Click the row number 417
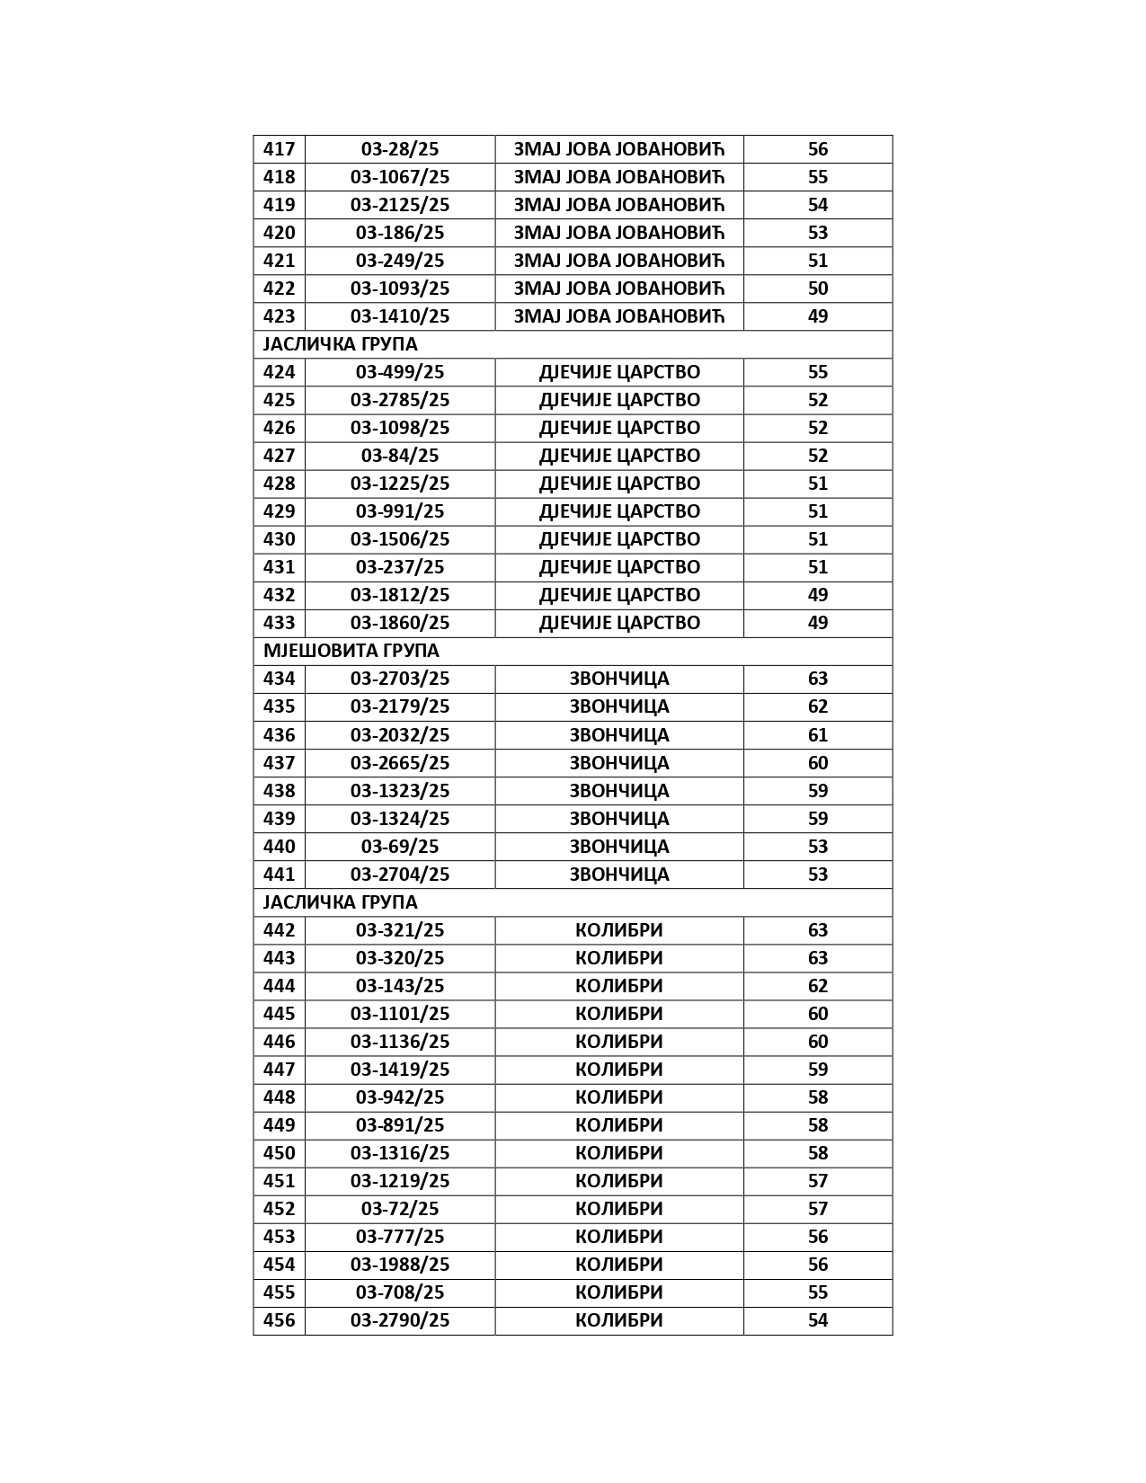279,149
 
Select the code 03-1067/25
400,177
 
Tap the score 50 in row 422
817,289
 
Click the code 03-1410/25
400,316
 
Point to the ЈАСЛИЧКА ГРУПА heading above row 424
340,344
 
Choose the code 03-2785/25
400,400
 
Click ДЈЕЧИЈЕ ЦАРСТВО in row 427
619,456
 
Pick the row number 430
279,539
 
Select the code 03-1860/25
400,623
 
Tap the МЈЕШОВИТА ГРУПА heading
351,651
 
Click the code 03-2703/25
400,679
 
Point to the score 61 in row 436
817,735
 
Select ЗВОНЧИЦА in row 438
619,791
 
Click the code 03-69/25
400,847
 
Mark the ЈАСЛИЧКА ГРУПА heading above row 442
340,902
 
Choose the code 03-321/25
400,930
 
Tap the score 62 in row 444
817,986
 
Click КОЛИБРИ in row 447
619,1070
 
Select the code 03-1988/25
400,1265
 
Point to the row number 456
279,1320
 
